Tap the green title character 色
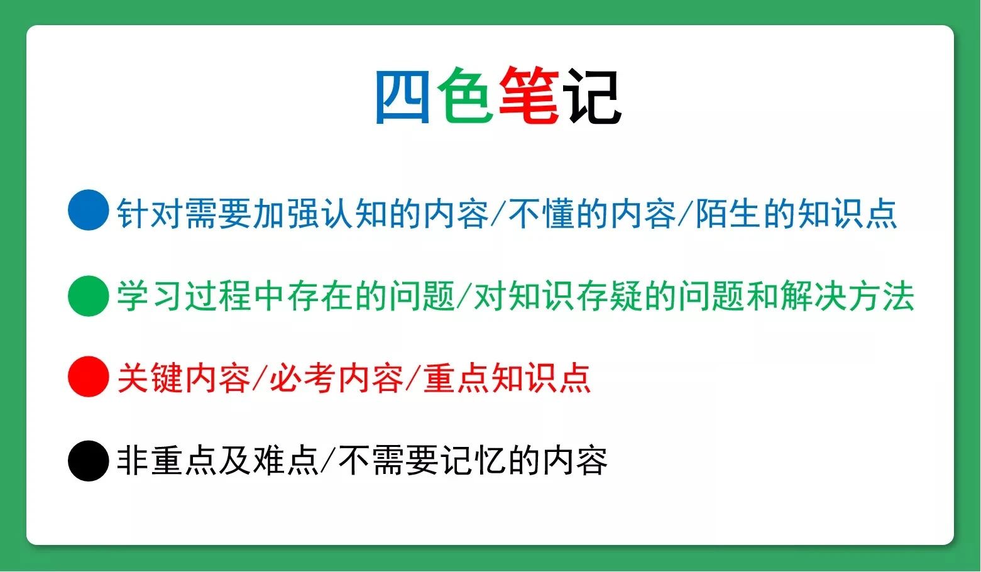466,97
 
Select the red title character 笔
529,97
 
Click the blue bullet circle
89,211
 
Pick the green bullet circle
89,296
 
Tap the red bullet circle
89,377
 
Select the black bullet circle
89,461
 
